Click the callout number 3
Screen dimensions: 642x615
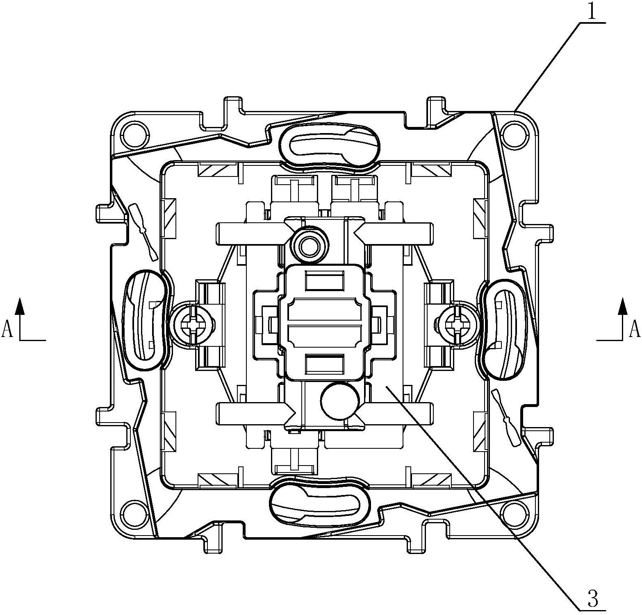coord(593,599)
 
